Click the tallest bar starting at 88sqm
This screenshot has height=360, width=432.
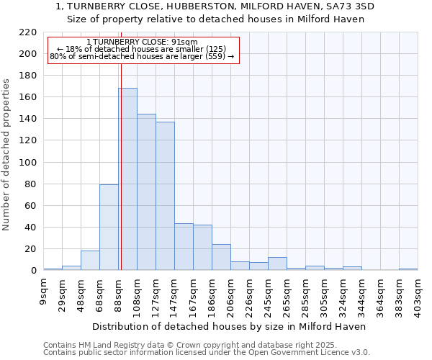tap(127, 179)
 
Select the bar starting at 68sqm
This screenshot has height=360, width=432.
tap(109, 228)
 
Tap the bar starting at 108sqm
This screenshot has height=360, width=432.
tap(146, 192)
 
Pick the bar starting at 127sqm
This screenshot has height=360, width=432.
tap(165, 196)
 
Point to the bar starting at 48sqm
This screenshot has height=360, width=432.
tap(90, 261)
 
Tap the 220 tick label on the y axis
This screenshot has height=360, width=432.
tap(28, 32)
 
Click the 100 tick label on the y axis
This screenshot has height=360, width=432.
tap(28, 163)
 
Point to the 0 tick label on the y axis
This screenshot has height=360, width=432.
tap(34, 271)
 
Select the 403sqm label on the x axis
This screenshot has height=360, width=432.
tap(418, 296)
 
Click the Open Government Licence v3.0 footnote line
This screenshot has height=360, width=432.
tap(207, 352)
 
